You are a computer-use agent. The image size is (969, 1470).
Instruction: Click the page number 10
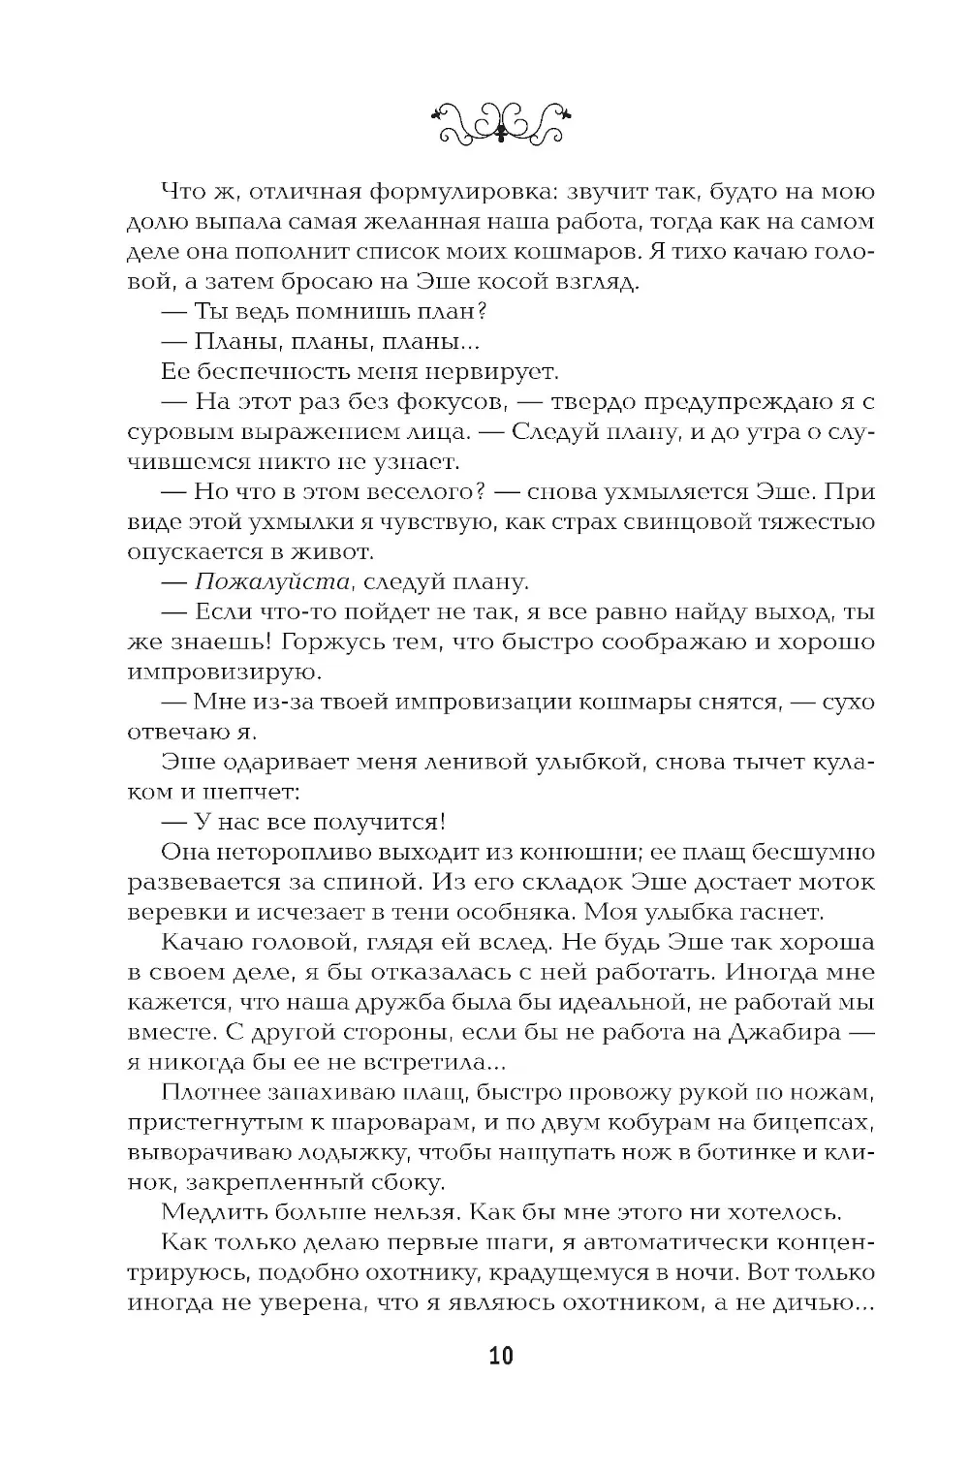pyautogui.click(x=501, y=1355)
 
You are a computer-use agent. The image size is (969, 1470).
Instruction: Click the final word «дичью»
pyautogui.click(x=817, y=1303)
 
